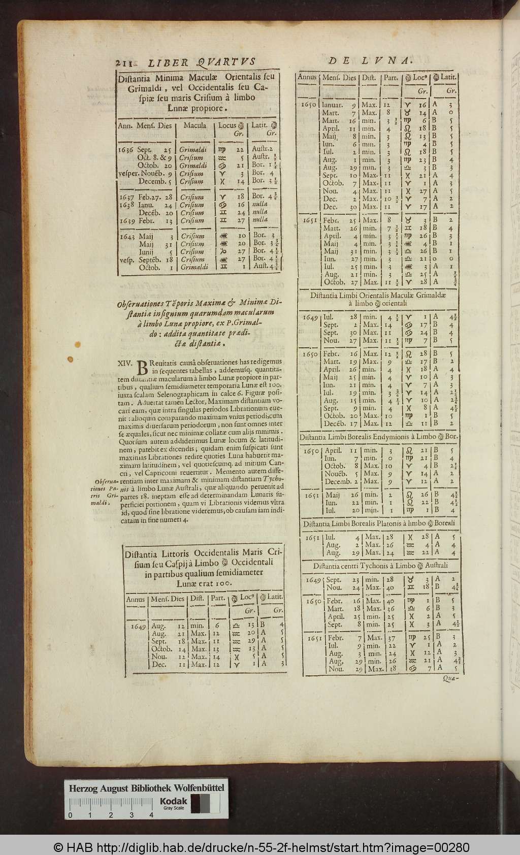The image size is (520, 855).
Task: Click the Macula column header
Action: (194, 125)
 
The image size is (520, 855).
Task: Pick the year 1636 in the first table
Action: (126, 150)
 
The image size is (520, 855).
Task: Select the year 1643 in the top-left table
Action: (126, 236)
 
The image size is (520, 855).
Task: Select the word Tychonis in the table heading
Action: (382, 566)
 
